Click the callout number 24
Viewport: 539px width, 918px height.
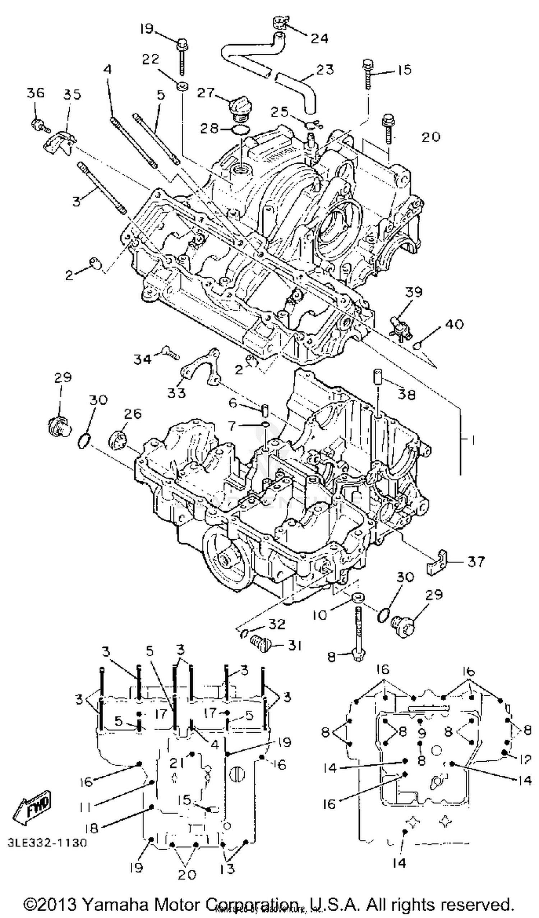pyautogui.click(x=319, y=38)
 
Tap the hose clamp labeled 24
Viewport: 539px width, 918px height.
pyautogui.click(x=280, y=23)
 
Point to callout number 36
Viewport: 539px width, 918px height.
pyautogui.click(x=35, y=93)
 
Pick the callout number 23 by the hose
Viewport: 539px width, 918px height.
pyautogui.click(x=325, y=69)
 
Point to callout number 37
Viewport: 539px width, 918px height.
pyautogui.click(x=476, y=561)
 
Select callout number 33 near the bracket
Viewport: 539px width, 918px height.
pyautogui.click(x=177, y=393)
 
